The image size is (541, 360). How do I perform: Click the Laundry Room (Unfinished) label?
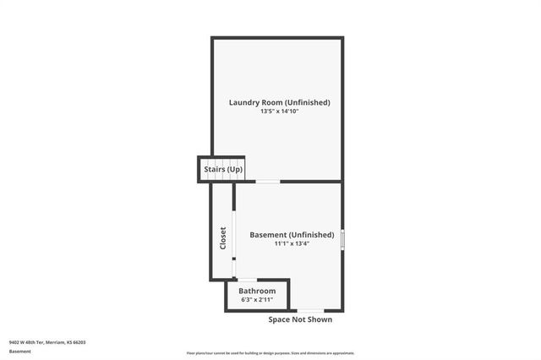(x=279, y=102)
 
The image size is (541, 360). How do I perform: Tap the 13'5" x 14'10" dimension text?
(x=279, y=112)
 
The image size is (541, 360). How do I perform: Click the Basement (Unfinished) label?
(x=292, y=234)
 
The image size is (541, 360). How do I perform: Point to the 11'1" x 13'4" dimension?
(x=292, y=244)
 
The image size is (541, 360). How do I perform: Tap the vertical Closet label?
(x=223, y=237)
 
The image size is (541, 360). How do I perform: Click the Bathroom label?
(x=257, y=291)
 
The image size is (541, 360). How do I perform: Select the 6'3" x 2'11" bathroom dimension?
(x=257, y=299)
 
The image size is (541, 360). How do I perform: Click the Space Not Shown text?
(x=300, y=319)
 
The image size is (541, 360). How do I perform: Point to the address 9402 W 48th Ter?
(x=26, y=342)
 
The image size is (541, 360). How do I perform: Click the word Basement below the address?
(x=20, y=351)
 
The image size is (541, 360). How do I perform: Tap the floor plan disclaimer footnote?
(x=270, y=353)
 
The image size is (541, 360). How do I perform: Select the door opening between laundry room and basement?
(x=268, y=181)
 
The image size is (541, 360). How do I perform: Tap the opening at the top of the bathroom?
(x=247, y=280)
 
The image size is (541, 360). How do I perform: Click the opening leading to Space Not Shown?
(x=309, y=310)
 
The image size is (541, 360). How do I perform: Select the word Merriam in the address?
(x=56, y=342)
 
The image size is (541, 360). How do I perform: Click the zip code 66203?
(x=79, y=342)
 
